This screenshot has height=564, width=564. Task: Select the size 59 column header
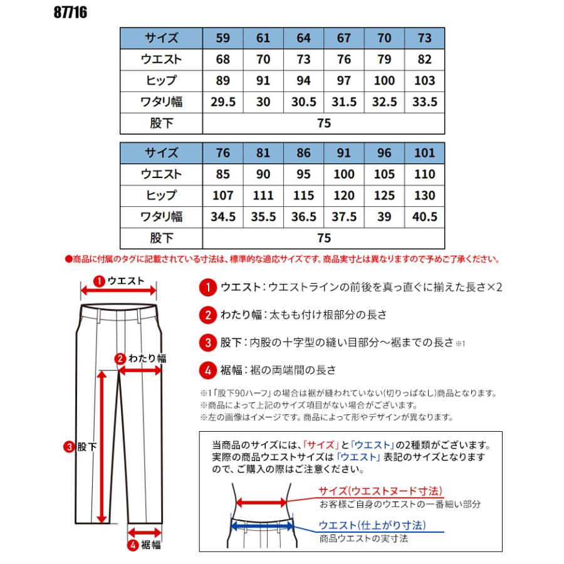coord(222,38)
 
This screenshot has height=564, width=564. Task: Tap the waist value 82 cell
coord(425,60)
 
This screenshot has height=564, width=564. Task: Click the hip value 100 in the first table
coord(384,81)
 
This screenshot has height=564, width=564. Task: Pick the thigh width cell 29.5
coord(222,102)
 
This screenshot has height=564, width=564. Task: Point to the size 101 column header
coord(425,152)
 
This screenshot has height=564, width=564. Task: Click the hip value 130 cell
coord(425,196)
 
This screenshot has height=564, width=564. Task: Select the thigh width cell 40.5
coord(425,217)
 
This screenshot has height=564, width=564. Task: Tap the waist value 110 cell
coord(425,174)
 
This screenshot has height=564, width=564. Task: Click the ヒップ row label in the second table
coord(161,196)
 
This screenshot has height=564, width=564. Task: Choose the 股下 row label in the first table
coord(161,123)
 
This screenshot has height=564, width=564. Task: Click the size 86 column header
coord(303,152)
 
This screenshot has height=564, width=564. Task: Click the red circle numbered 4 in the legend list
coord(207,370)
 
